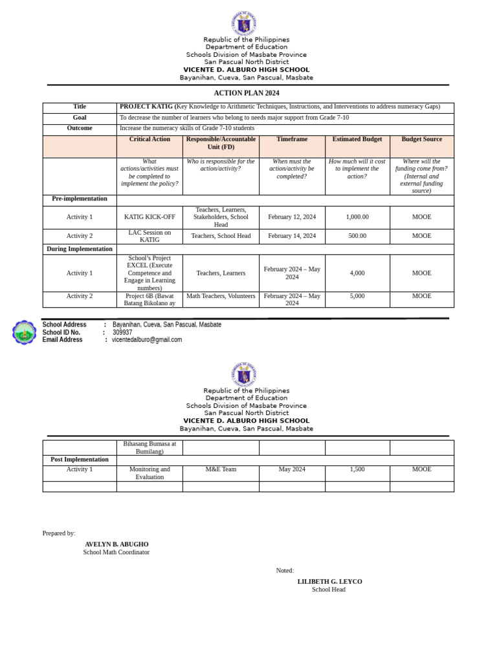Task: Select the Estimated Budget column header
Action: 357,139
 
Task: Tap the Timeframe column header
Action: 292,139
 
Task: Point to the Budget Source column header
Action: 421,139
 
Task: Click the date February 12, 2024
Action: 292,217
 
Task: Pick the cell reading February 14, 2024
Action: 292,236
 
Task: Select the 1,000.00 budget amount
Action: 357,217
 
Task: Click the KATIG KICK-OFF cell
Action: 149,217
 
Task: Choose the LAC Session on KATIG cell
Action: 149,236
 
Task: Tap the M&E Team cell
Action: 221,469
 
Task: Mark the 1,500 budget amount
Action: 357,469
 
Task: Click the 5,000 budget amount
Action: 357,296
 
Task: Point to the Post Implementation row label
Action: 80,460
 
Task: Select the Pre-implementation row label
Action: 80,199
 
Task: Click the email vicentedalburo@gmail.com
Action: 147,340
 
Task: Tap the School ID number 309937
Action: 122,332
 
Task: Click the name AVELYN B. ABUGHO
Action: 116,544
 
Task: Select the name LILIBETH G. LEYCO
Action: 329,582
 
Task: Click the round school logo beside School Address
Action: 25,332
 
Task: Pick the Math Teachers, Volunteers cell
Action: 221,296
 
